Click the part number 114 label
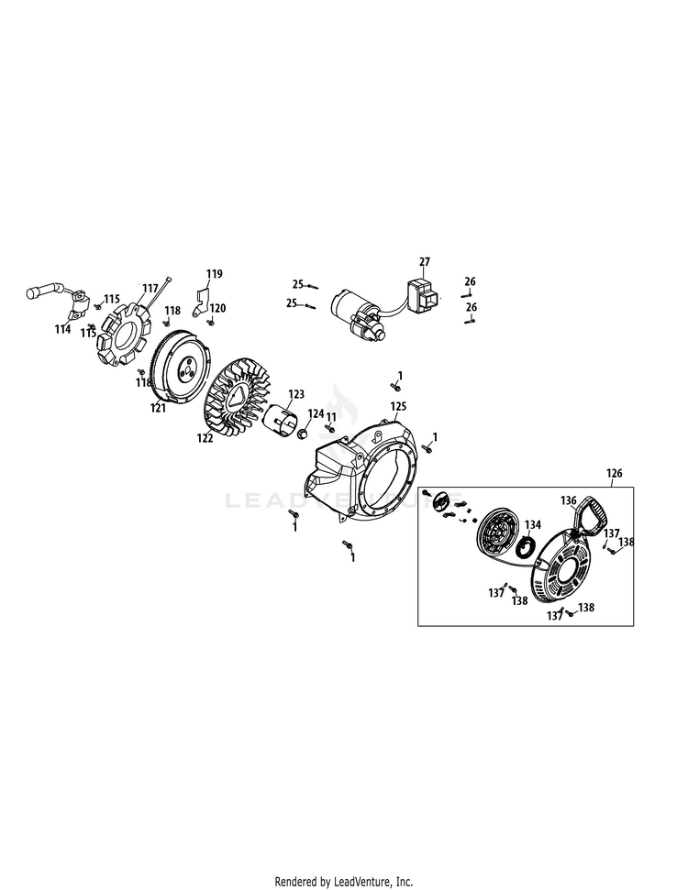(x=63, y=328)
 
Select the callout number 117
(x=150, y=288)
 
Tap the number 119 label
(x=214, y=274)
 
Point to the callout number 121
(x=159, y=408)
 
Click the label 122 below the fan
(x=204, y=438)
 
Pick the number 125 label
(x=398, y=405)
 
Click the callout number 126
(x=615, y=474)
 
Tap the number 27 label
(x=424, y=262)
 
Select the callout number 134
(x=533, y=525)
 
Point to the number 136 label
(x=569, y=500)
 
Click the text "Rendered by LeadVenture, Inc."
(x=344, y=882)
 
